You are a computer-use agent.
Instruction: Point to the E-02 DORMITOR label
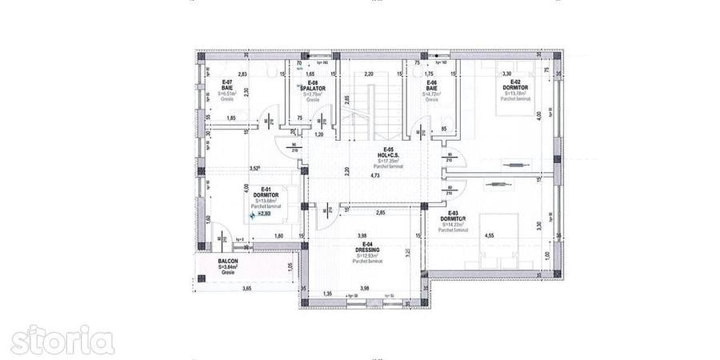(x=511, y=87)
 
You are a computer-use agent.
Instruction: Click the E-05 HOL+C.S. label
(x=389, y=154)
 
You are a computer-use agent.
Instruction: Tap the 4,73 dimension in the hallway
(x=374, y=175)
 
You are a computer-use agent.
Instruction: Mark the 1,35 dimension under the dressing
(x=327, y=294)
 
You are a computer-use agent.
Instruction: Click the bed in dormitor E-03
(x=504, y=244)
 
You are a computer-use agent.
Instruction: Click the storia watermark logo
(x=62, y=340)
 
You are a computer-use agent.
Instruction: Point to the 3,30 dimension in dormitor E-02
(x=506, y=74)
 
